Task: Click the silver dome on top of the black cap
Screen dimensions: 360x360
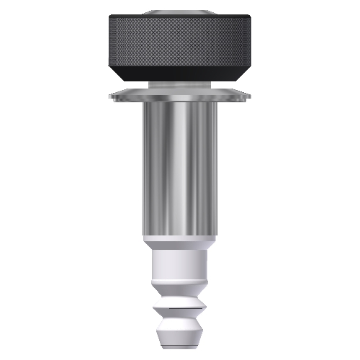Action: (x=181, y=12)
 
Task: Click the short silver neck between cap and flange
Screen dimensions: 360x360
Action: (x=181, y=85)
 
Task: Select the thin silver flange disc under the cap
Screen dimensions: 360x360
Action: (x=181, y=94)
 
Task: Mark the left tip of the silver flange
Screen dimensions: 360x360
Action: (x=110, y=94)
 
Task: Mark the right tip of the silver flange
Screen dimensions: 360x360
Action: (x=251, y=94)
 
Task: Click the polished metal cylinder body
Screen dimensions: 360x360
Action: (x=181, y=166)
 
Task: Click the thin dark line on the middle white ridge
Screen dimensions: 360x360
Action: (x=181, y=308)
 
